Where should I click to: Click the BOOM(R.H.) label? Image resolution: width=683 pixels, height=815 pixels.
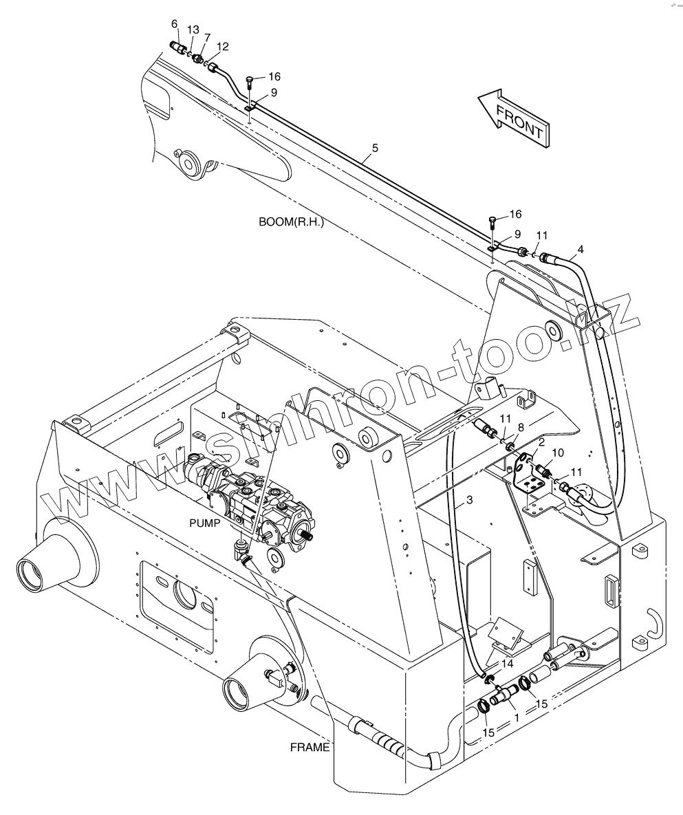click(x=291, y=222)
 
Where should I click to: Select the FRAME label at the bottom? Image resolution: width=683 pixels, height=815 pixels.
click(x=310, y=748)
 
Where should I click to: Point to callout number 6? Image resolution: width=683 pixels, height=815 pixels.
click(x=174, y=24)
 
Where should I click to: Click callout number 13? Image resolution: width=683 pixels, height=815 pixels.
click(x=193, y=30)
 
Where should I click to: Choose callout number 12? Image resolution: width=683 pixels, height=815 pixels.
click(x=222, y=47)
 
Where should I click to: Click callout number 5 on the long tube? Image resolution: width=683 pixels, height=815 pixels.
click(x=375, y=147)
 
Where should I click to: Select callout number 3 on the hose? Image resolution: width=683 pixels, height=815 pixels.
click(x=470, y=502)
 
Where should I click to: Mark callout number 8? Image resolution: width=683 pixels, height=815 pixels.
click(x=521, y=428)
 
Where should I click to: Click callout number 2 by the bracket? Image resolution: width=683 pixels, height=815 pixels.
click(x=542, y=442)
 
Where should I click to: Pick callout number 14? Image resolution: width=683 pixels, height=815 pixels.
click(x=507, y=664)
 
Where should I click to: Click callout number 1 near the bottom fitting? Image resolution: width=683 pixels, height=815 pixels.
click(x=516, y=717)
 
